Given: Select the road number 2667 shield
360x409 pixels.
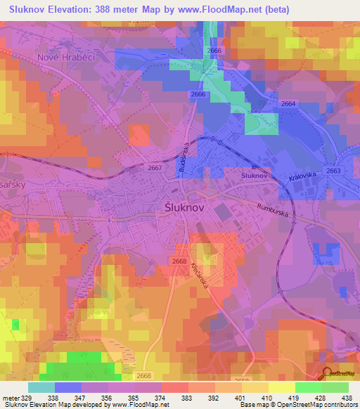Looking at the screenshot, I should (155, 168).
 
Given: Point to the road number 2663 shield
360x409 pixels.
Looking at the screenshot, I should (333, 170).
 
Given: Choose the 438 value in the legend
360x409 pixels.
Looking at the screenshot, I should (347, 398).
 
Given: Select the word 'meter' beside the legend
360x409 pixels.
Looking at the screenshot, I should (10, 398).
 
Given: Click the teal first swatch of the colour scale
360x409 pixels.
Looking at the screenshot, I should (41, 387).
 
